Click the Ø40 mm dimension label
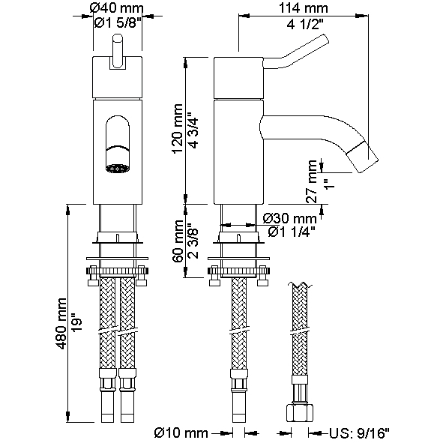click(x=116, y=8)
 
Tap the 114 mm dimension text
click(x=304, y=8)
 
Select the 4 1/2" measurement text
click(x=305, y=24)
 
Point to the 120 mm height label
click(x=178, y=128)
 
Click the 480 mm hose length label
click(x=61, y=323)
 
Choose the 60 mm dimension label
click(x=178, y=241)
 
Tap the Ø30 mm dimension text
click(x=289, y=218)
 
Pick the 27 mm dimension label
click(x=312, y=181)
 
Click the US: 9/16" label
click(x=359, y=433)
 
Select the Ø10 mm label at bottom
click(x=181, y=433)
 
